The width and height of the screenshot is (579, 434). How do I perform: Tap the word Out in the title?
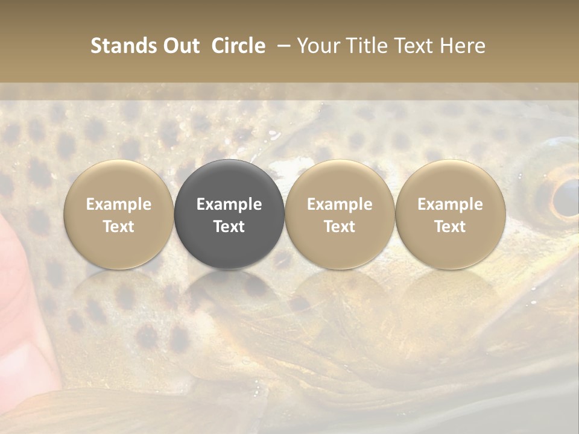coord(180,46)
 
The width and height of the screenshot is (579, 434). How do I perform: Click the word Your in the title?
coord(317,46)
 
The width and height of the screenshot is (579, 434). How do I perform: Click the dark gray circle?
coord(229,214)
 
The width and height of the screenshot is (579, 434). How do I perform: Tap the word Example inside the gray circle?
coord(229,204)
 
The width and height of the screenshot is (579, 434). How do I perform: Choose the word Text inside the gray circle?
coord(229,227)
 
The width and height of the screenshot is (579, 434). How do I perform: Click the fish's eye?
coord(565,198)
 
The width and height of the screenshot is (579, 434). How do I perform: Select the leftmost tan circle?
coord(119,214)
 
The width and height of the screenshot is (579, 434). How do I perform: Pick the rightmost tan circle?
coord(451,214)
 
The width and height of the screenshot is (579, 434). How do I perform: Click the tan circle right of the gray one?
coord(340,214)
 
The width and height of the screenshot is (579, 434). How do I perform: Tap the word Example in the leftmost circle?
coord(119,204)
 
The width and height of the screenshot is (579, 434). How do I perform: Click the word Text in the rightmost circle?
coord(451,227)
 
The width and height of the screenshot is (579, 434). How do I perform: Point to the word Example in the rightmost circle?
coord(451,204)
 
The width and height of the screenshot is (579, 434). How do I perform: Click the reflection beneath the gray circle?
coord(229,295)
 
